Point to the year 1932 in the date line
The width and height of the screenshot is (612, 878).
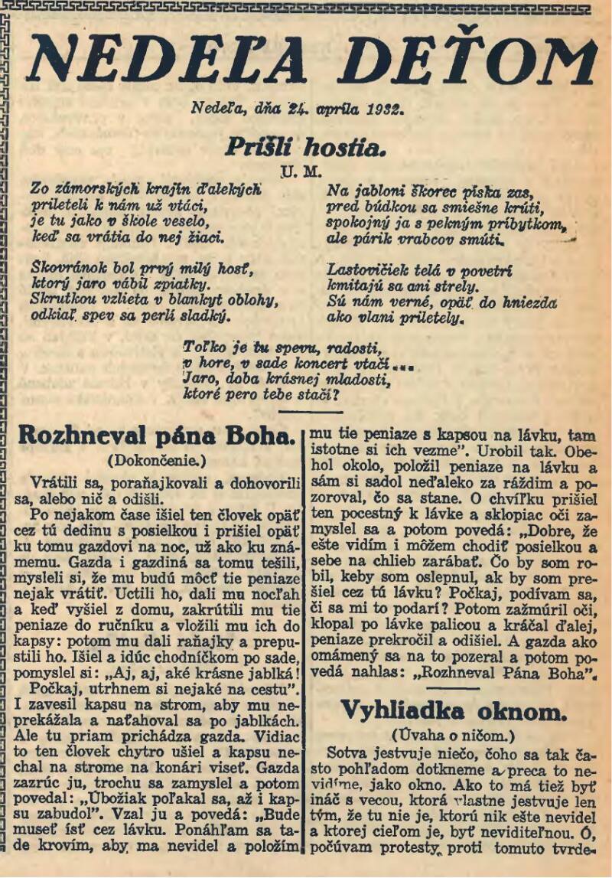tap(382, 109)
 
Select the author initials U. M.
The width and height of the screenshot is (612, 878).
tap(301, 171)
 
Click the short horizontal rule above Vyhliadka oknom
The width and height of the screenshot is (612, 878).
tap(453, 689)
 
